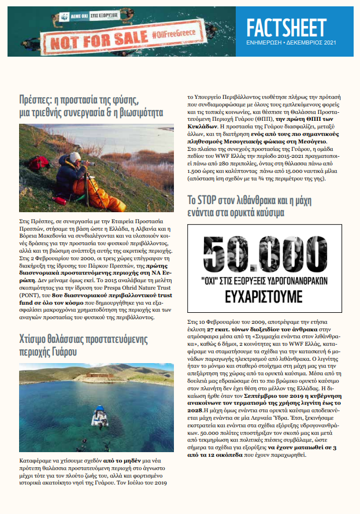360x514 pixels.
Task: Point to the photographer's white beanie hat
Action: (75, 157)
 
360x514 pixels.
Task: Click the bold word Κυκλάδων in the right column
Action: (204, 125)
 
